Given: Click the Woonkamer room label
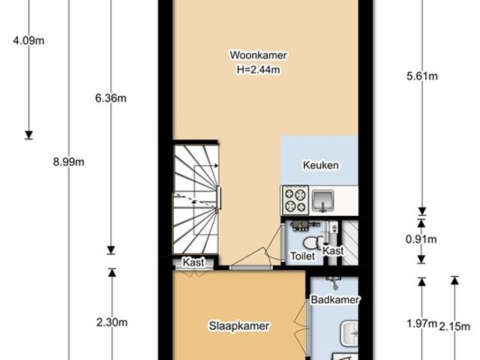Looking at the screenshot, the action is [x=258, y=55].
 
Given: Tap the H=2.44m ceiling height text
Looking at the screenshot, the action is [x=258, y=70].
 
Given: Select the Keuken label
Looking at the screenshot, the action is [x=321, y=165].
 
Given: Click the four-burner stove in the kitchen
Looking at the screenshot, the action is [x=295, y=200].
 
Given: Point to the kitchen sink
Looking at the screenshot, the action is [x=322, y=200].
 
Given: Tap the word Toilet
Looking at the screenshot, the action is [x=302, y=256].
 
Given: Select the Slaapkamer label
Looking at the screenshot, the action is [x=239, y=325].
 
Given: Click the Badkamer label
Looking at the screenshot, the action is [x=335, y=300].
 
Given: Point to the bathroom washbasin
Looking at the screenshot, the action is [x=349, y=333].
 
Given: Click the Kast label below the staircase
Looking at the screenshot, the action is [x=193, y=262].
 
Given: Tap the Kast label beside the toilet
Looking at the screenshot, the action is [x=333, y=250].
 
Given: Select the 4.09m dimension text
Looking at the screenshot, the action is [x=28, y=40].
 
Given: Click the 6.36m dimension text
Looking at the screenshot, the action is [x=111, y=98].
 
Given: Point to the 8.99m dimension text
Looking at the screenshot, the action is [x=68, y=162].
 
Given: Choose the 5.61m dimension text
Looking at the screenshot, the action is [x=422, y=76].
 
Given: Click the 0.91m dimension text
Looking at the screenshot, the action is [x=421, y=239].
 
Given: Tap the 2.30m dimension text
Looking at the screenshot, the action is [x=112, y=322].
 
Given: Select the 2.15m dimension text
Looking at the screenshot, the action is [x=454, y=326].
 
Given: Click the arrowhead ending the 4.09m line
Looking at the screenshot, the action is [x=28, y=135].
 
